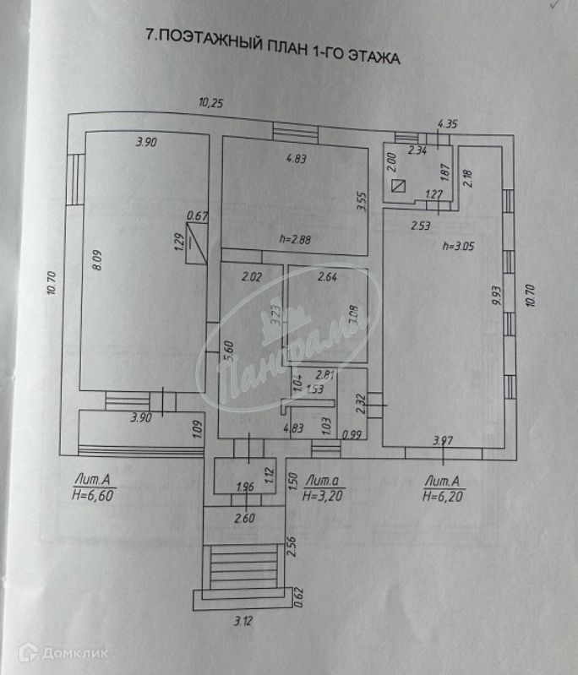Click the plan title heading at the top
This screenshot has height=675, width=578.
pyautogui.click(x=271, y=47)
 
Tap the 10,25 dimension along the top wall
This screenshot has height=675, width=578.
pyautogui.click(x=212, y=103)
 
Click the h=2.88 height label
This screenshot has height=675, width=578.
pyautogui.click(x=296, y=239)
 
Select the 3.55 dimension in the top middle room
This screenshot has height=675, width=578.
pyautogui.click(x=360, y=202)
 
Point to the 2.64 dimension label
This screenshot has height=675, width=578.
pyautogui.click(x=329, y=276)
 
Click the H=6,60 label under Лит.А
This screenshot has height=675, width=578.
pyautogui.click(x=93, y=495)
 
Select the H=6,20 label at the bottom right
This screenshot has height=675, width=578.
pyautogui.click(x=444, y=496)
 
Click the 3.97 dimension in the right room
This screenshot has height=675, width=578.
pyautogui.click(x=443, y=440)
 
